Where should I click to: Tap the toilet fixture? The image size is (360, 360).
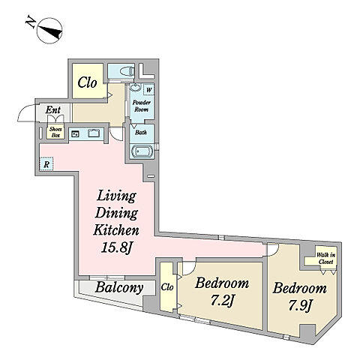[127, 72]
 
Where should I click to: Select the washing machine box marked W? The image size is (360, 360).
[148, 90]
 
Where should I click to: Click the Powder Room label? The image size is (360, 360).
[142, 106]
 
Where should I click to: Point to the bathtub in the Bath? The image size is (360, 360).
[142, 151]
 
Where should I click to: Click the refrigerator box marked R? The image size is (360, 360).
[46, 164]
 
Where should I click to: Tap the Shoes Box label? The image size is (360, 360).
[55, 133]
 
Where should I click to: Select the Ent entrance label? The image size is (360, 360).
[53, 109]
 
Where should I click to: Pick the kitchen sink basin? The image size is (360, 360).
[94, 133]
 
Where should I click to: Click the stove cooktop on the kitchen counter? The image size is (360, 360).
[75, 134]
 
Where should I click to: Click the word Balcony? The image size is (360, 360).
[119, 288]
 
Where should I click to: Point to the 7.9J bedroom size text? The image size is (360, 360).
[301, 305]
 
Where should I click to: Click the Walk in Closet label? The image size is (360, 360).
[325, 259]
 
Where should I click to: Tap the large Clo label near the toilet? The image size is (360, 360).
[87, 82]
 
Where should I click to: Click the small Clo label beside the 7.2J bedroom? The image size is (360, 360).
[167, 287]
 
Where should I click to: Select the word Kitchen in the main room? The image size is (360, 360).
[116, 230]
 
